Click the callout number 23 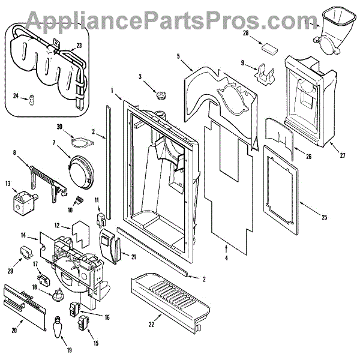pyautogui.click(x=79, y=45)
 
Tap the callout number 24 pyautogui.click(x=16, y=95)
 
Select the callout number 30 pyautogui.click(x=76, y=127)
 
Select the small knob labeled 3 pyautogui.click(x=161, y=95)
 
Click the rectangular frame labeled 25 pyautogui.click(x=281, y=190)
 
